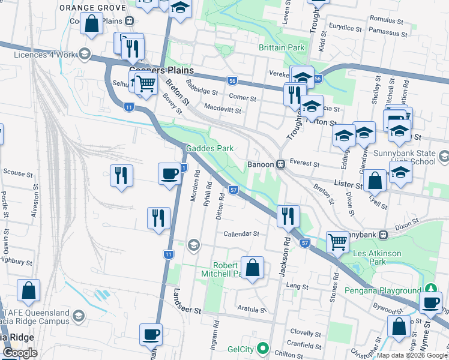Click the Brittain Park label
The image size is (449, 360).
point(282,47)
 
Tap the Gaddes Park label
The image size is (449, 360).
point(209,148)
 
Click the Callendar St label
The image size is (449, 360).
point(241,234)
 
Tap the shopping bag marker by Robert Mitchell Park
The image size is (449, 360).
point(253,268)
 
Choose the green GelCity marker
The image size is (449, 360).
point(262,348)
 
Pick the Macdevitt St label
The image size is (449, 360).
point(222,110)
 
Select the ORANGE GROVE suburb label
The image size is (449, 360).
point(92,8)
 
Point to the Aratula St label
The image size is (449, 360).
point(251,310)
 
